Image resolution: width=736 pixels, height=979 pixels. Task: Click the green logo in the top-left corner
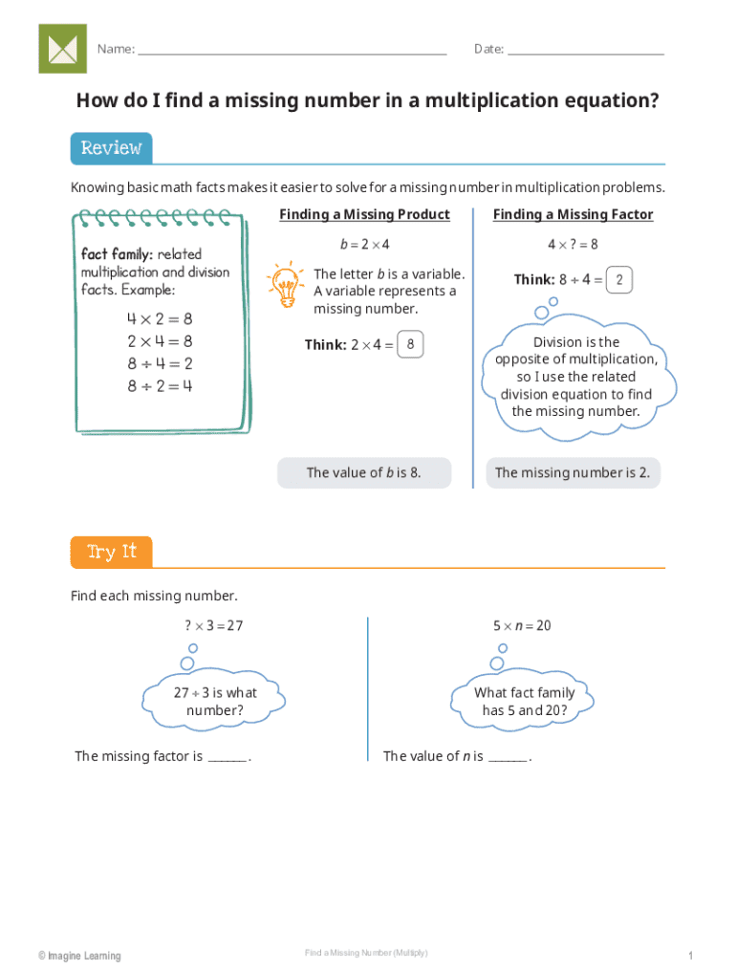click(62, 49)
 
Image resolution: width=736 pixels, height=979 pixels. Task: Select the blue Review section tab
click(111, 148)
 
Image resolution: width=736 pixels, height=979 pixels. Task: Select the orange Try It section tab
click(111, 553)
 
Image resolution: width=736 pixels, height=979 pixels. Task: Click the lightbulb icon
click(284, 285)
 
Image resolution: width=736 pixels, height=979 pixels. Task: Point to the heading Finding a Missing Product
click(364, 215)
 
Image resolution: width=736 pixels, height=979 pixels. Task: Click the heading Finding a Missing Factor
click(573, 215)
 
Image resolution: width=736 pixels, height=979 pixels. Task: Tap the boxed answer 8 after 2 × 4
click(410, 345)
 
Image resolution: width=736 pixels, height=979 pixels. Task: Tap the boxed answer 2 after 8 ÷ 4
click(619, 280)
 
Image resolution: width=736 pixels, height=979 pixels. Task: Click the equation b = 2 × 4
click(364, 245)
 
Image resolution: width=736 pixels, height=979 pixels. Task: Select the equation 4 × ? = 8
click(573, 245)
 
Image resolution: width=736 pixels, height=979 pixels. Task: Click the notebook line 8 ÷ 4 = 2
click(160, 363)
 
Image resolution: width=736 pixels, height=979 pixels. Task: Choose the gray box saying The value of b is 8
click(364, 473)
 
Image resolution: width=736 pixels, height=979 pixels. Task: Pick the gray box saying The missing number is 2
click(573, 473)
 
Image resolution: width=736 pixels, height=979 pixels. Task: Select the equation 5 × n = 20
click(522, 626)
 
